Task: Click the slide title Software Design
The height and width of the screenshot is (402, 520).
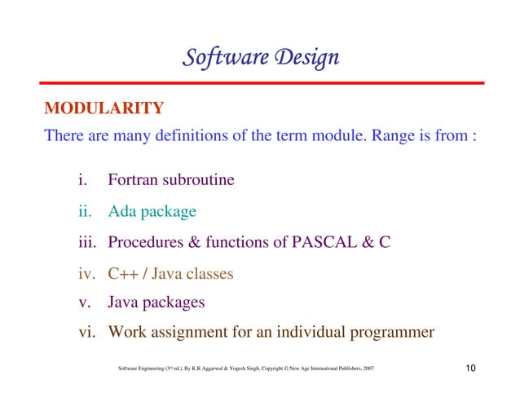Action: click(260, 58)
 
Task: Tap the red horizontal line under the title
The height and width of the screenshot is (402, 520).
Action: click(260, 83)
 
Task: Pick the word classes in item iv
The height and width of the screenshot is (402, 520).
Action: click(208, 273)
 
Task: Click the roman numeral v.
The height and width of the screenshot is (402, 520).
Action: click(82, 303)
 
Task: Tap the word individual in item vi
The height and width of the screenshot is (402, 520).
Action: click(309, 332)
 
